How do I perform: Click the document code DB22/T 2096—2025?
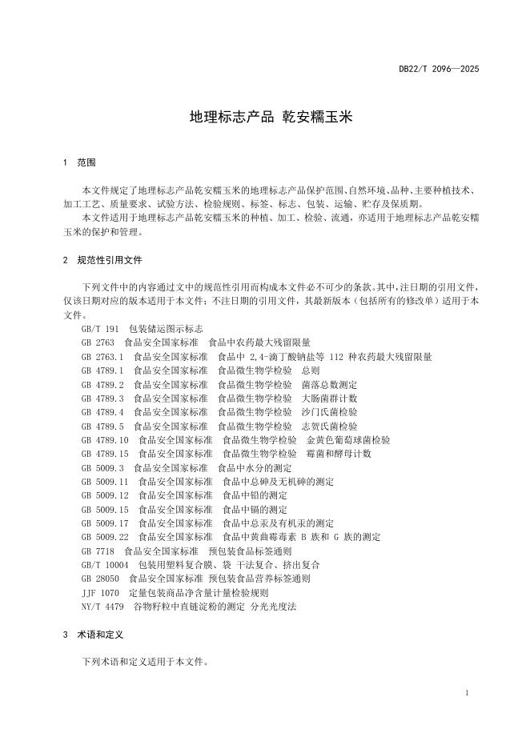click(x=439, y=70)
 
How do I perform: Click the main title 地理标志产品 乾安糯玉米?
click(x=271, y=117)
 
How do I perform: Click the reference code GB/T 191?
click(x=100, y=329)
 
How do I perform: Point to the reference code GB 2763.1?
click(x=102, y=357)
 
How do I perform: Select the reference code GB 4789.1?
click(x=102, y=370)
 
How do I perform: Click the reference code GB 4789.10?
click(x=105, y=440)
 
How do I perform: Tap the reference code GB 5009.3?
click(x=102, y=468)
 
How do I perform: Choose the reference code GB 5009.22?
click(x=105, y=537)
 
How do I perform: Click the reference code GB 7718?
click(x=98, y=551)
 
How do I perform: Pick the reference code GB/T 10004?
click(x=105, y=565)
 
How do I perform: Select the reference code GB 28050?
click(x=100, y=579)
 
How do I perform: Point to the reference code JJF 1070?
click(x=100, y=593)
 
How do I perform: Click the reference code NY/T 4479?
click(x=102, y=607)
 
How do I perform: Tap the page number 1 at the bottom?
click(x=467, y=693)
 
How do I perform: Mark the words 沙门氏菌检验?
click(x=330, y=412)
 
